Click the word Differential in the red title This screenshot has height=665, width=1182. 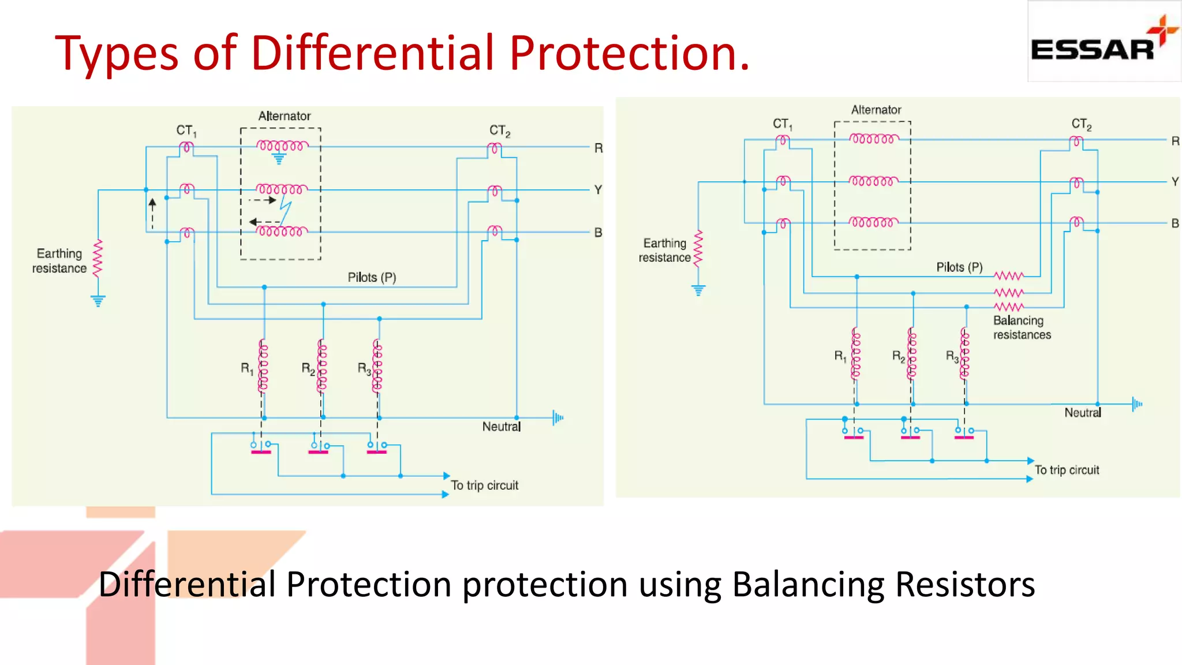coord(372,53)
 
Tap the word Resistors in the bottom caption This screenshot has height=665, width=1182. coord(964,585)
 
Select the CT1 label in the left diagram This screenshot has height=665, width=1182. coord(186,131)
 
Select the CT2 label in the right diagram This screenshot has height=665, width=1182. coord(1081,124)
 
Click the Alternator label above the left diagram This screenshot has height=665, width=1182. coord(284,116)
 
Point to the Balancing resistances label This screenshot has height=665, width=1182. coord(1021,328)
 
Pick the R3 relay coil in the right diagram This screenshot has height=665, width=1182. coord(964,353)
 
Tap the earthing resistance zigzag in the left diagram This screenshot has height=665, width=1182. coord(98,258)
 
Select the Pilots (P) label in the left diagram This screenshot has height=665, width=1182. coord(372,278)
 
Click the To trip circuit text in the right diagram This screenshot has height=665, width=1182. coord(1067,470)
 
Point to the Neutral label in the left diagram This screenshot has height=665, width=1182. coord(501,427)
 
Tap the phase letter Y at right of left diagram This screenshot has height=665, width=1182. coord(598,190)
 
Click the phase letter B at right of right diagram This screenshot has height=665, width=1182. coord(1175,223)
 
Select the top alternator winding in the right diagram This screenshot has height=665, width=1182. coord(874,139)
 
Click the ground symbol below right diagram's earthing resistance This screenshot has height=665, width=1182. coord(698,290)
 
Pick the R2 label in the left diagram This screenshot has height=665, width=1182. coord(308,369)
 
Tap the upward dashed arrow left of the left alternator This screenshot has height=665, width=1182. coord(152,214)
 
